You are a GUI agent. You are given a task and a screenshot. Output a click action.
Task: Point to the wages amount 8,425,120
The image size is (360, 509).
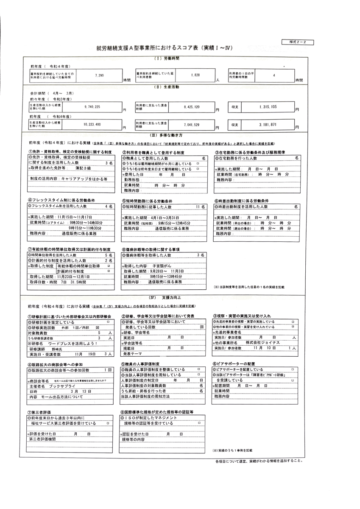click(x=194, y=107)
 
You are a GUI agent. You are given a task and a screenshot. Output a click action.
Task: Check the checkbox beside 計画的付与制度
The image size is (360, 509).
click(x=109, y=271)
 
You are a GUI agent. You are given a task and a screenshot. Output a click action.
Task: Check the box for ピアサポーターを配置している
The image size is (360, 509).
click(x=292, y=369)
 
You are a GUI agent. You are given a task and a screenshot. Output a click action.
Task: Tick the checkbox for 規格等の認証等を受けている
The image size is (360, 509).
click(x=199, y=423)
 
